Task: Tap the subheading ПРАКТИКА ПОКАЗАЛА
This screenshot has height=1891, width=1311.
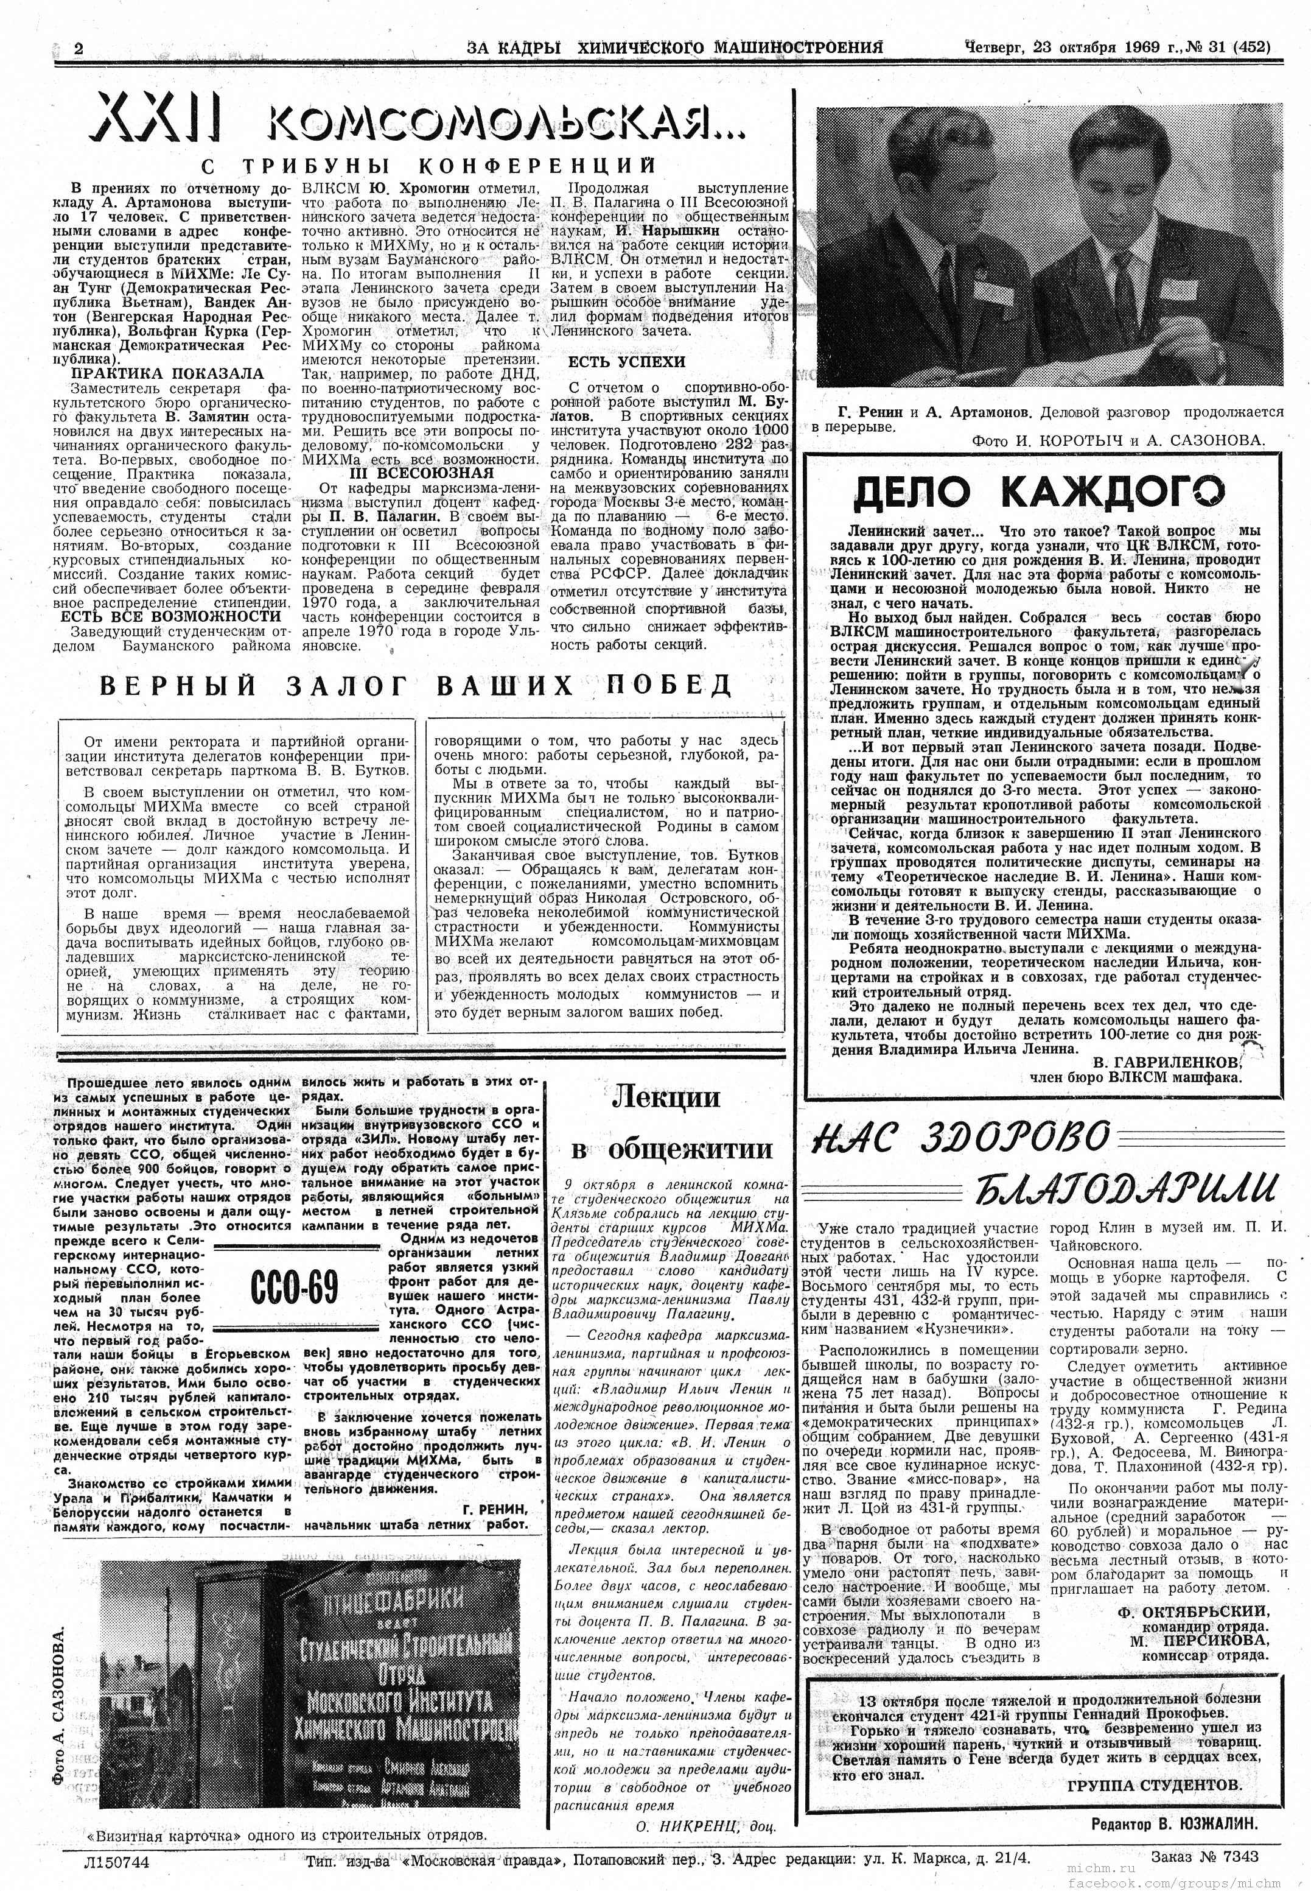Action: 167,373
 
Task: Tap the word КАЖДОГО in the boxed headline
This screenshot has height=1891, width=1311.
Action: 1113,492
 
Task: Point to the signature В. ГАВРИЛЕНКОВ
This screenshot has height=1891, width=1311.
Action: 1166,1062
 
